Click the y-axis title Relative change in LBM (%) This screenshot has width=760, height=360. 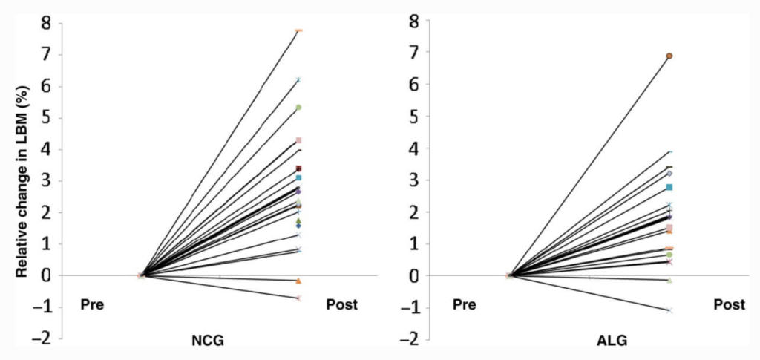pyautogui.click(x=22, y=181)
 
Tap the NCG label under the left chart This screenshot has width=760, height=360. pyautogui.click(x=207, y=341)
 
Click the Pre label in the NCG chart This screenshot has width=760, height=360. pyautogui.click(x=92, y=304)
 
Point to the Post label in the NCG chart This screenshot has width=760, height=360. pyautogui.click(x=341, y=304)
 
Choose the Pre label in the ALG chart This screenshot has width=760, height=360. pyautogui.click(x=464, y=304)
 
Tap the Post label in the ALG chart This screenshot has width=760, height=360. pyautogui.click(x=729, y=304)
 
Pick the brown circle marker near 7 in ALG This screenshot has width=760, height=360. pyautogui.click(x=669, y=56)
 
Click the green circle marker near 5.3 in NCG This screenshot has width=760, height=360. pyautogui.click(x=298, y=108)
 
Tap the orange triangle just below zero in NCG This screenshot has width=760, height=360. pyautogui.click(x=298, y=281)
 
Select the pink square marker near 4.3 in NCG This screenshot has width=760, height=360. pyautogui.click(x=298, y=140)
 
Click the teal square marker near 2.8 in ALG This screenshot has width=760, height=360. pyautogui.click(x=669, y=187)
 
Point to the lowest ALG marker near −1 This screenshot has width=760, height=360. pyautogui.click(x=669, y=310)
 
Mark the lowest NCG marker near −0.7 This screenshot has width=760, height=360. pyautogui.click(x=298, y=298)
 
